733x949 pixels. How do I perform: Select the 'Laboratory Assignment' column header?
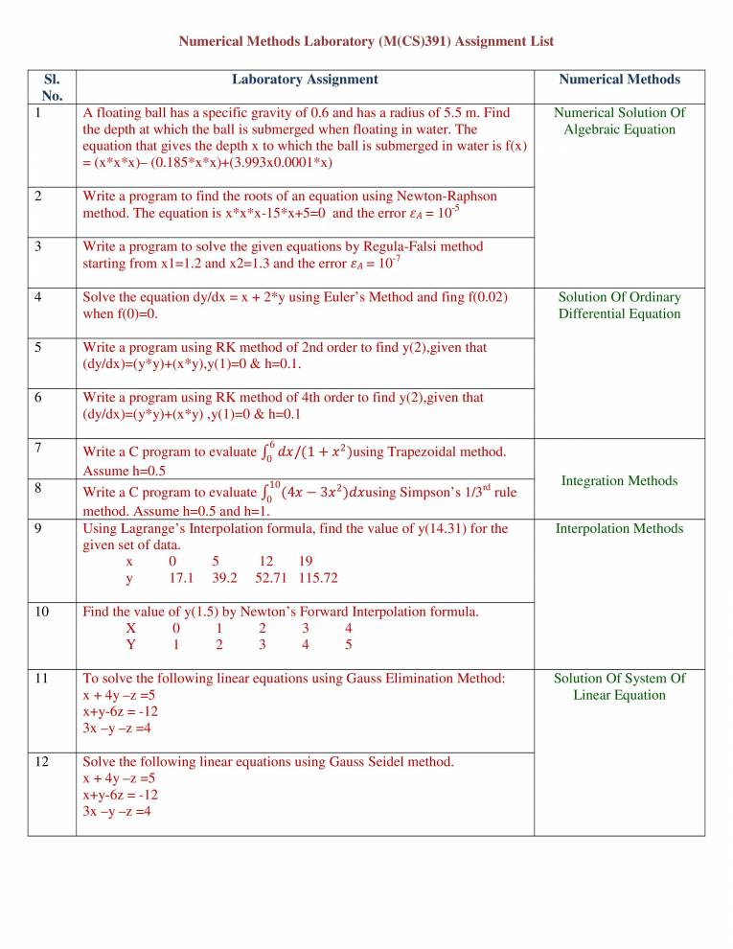pos(305,80)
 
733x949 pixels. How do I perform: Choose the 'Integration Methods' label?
pos(620,479)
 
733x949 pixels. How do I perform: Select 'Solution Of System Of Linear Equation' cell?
pos(620,686)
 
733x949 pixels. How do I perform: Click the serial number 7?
pos(36,448)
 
